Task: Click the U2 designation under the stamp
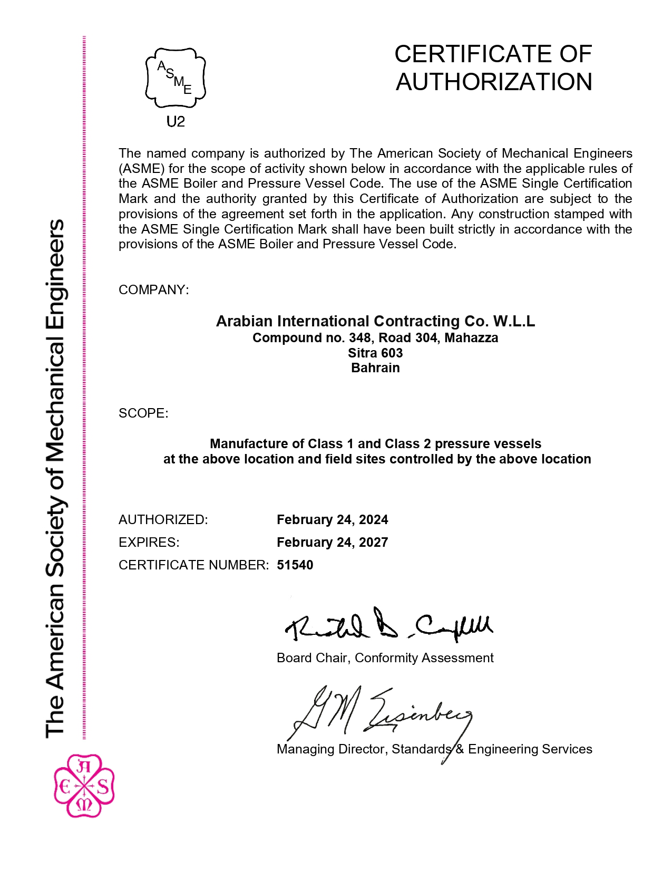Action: [176, 122]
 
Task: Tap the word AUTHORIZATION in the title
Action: [494, 82]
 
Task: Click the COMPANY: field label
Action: [153, 290]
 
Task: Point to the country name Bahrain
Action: [375, 368]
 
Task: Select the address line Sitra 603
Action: [375, 353]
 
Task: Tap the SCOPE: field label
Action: [143, 413]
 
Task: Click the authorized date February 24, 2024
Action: [332, 520]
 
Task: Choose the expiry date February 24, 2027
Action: [332, 543]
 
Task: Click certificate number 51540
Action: [295, 565]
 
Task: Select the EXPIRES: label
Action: [149, 543]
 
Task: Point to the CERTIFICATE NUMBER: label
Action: [193, 565]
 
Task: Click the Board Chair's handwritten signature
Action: [388, 625]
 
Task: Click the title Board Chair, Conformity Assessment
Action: [385, 658]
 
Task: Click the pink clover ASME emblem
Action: [84, 786]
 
